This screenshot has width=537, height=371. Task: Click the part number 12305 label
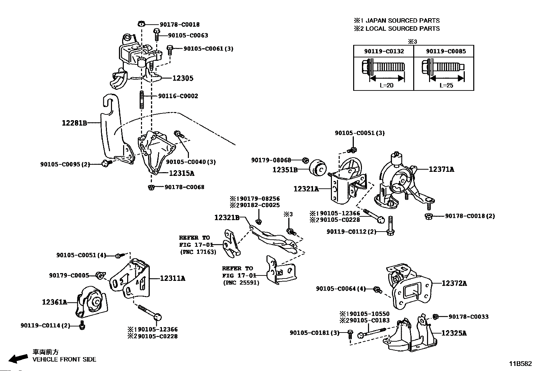tap(183, 78)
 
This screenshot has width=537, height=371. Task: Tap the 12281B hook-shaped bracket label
tap(75, 123)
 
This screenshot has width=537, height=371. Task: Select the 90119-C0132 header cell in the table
tap(384, 51)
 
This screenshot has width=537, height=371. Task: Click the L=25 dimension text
tap(446, 85)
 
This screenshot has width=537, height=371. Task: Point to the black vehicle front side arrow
tap(18, 359)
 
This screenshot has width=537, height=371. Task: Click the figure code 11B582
tap(520, 364)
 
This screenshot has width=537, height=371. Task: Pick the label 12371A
tap(441, 169)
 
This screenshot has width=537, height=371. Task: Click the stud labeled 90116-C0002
tap(142, 100)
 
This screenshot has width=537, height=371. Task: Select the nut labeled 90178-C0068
tap(151, 187)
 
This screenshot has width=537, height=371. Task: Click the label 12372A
tap(454, 284)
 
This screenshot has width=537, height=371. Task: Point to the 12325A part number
tap(454, 333)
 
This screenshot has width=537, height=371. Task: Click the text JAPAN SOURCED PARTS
tap(403, 21)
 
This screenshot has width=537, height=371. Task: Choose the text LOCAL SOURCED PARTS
tap(403, 29)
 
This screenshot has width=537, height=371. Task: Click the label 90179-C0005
tap(69, 275)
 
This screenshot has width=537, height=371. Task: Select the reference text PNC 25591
tap(241, 283)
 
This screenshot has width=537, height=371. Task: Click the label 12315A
tap(182, 173)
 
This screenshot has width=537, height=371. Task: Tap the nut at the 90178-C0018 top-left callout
tap(141, 24)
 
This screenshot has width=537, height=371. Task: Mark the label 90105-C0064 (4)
tap(341, 289)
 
